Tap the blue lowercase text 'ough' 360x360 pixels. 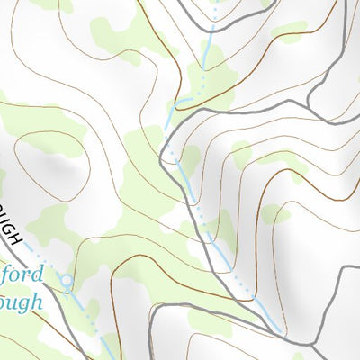20,301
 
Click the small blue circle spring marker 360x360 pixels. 66,283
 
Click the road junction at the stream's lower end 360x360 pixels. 285,334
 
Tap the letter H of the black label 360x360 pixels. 14,238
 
